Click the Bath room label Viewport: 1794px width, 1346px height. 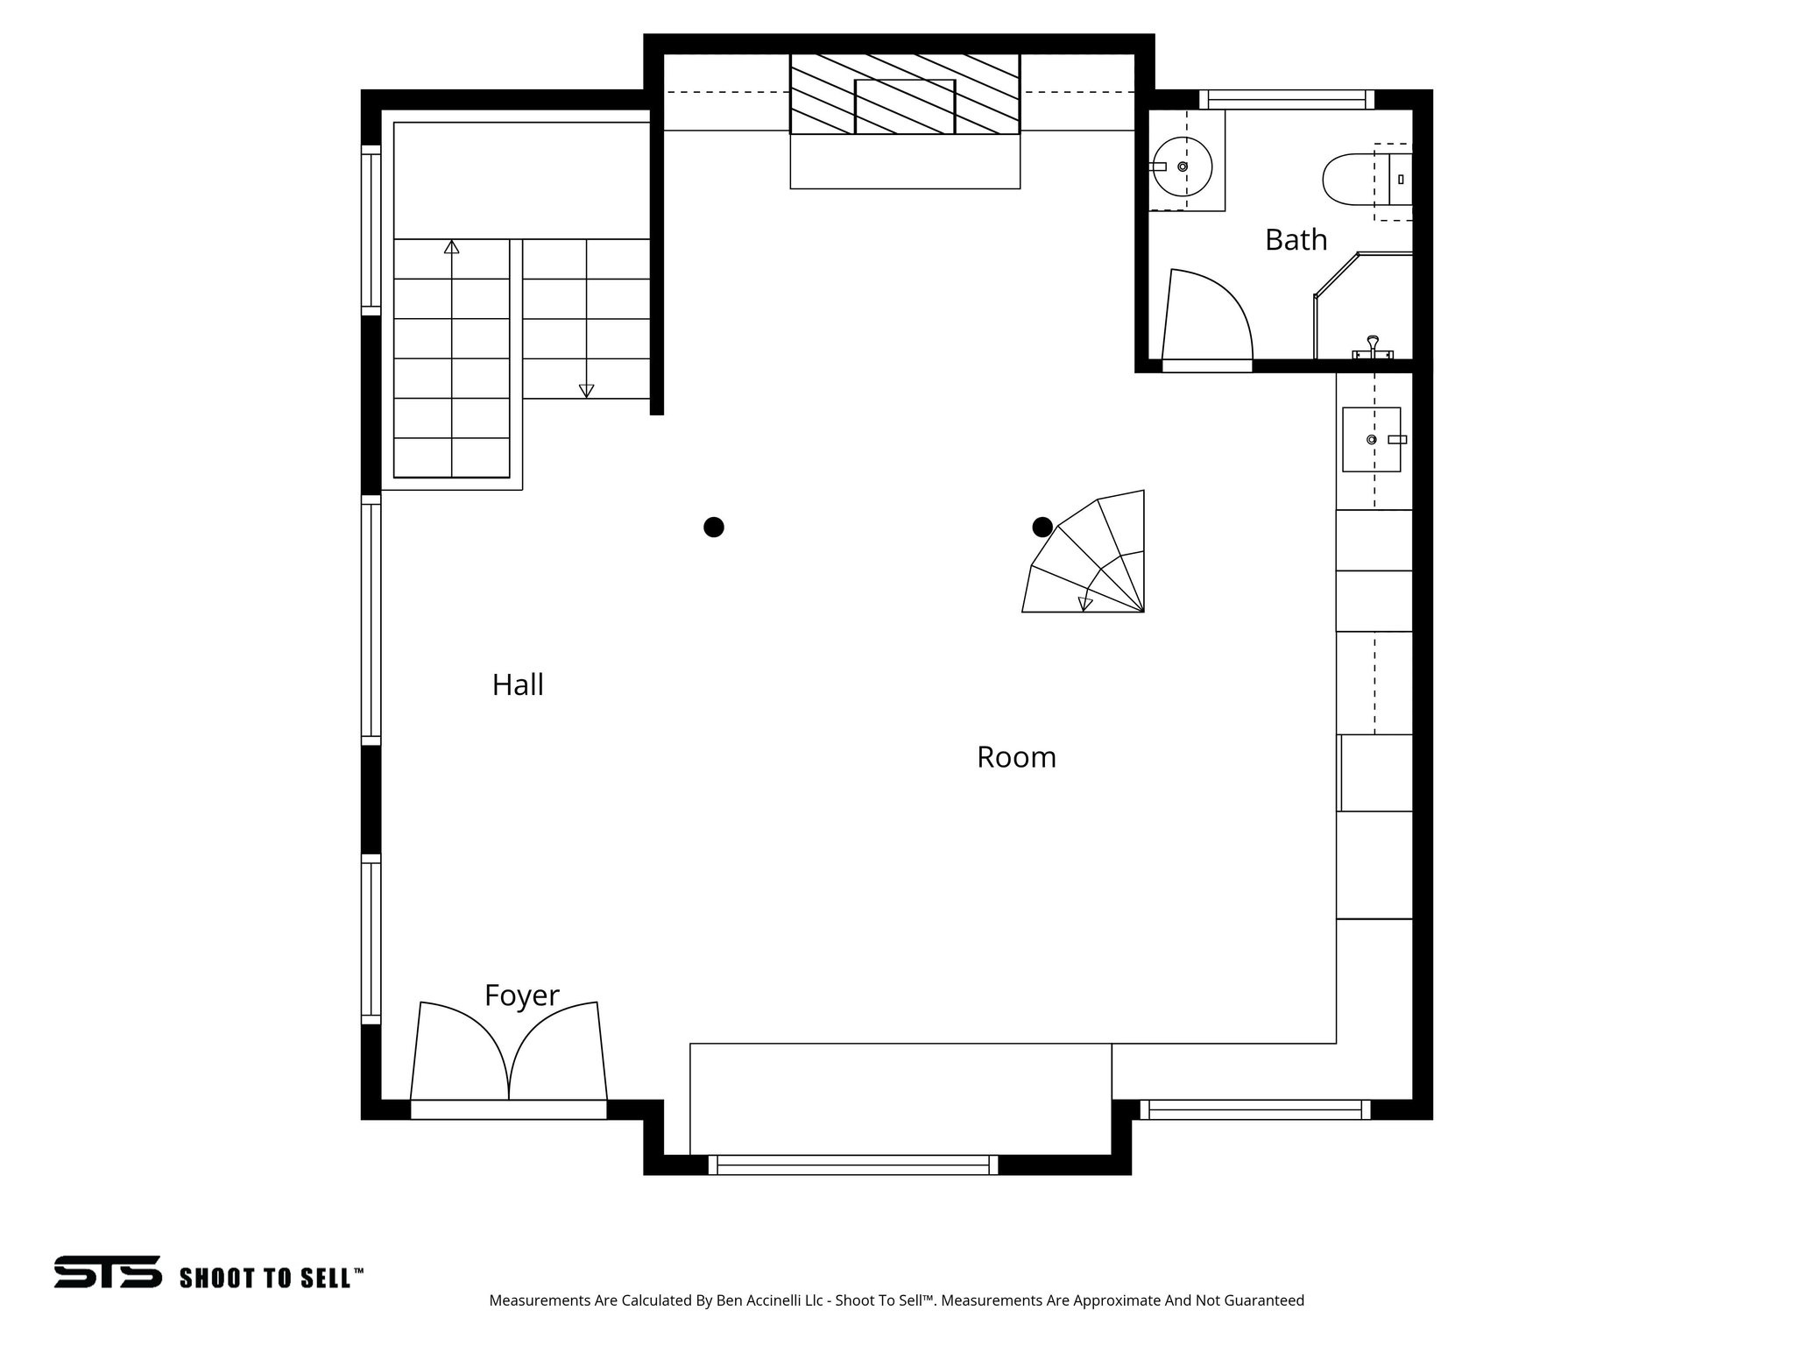tap(1296, 239)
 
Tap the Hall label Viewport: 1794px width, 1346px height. tap(518, 684)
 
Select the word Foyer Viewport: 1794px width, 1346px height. tap(521, 995)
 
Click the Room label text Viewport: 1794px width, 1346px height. tap(1016, 757)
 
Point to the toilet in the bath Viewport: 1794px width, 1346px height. tap(1353, 179)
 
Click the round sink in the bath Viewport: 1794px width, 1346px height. tap(1183, 166)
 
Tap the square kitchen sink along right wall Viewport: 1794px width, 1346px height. tap(1371, 439)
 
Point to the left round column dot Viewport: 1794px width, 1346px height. tap(714, 527)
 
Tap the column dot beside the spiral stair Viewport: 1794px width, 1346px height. tap(1042, 527)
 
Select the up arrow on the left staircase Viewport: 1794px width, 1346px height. tap(452, 247)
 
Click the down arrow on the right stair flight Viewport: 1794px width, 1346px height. tap(587, 391)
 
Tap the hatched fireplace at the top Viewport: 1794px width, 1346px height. tap(905, 94)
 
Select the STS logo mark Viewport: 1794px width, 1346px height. tap(108, 1272)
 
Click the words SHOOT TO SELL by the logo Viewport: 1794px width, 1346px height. tap(271, 1278)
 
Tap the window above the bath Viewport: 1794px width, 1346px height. tap(1286, 99)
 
